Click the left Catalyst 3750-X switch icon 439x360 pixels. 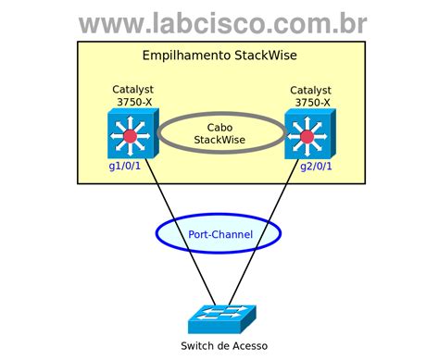[x=131, y=135]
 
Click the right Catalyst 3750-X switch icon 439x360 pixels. [x=308, y=135]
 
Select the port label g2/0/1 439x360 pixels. [x=315, y=168]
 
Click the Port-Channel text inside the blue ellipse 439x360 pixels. [x=220, y=234]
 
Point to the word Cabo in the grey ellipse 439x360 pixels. [x=220, y=126]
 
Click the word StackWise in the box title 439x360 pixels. [x=266, y=56]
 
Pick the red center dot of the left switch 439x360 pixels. [x=131, y=137]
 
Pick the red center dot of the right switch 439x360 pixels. [x=308, y=137]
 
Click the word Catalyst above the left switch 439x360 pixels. [x=132, y=90]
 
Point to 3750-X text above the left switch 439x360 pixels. [x=134, y=102]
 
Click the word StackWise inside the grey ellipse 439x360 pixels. [x=220, y=140]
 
